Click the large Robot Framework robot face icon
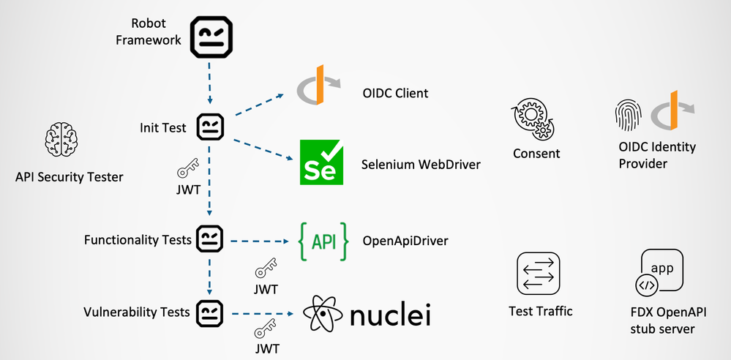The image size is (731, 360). pos(211,37)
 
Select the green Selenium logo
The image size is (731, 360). pos(321,162)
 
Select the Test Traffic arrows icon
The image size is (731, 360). pos(539,273)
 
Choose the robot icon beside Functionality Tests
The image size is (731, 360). pos(211,239)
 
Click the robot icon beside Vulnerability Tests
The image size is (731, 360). pos(211,312)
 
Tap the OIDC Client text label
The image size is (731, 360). pos(395,94)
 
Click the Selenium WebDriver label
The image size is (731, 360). pos(421,165)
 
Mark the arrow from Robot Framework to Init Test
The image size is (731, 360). pos(211,83)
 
